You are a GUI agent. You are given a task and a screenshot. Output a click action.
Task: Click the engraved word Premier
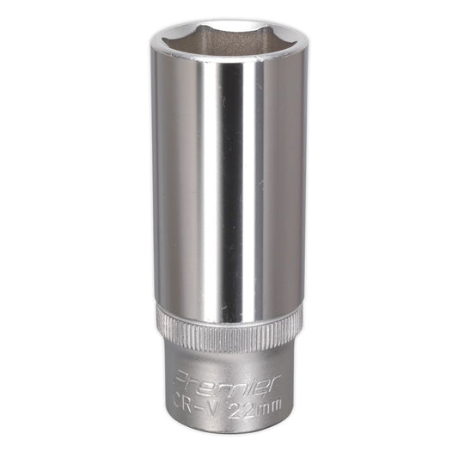[228, 382]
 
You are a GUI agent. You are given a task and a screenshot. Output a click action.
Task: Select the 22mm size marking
[253, 406]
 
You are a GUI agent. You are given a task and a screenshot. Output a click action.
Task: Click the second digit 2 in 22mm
[247, 406]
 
